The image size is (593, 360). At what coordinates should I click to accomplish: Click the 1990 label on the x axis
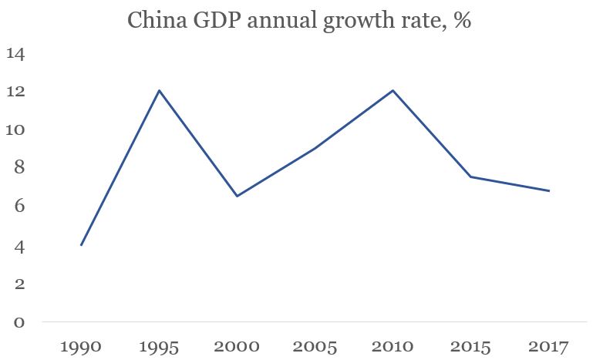[81, 347]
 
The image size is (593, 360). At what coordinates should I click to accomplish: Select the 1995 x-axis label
[159, 347]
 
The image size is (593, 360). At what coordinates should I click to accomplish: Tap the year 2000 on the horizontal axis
[237, 347]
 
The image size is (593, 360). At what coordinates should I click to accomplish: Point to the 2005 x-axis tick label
[315, 347]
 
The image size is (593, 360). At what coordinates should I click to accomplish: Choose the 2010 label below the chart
[393, 347]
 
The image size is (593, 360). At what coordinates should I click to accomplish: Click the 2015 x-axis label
[471, 347]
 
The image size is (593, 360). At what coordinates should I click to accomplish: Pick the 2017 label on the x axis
[549, 347]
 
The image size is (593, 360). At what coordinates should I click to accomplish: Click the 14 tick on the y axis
[15, 54]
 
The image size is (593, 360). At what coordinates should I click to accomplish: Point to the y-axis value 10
[15, 130]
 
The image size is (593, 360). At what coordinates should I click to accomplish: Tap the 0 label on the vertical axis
[17, 322]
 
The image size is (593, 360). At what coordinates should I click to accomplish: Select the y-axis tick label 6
[17, 207]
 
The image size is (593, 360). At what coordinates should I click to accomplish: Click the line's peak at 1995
[159, 90]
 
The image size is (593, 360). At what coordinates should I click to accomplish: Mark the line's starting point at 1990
[81, 245]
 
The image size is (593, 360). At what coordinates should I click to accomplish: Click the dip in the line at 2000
[237, 196]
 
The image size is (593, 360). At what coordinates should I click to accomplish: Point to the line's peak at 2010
[393, 90]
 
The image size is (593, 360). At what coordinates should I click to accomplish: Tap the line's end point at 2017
[549, 190]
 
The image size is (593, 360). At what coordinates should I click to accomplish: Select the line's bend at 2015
[471, 177]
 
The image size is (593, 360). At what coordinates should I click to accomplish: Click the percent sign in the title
[462, 20]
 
